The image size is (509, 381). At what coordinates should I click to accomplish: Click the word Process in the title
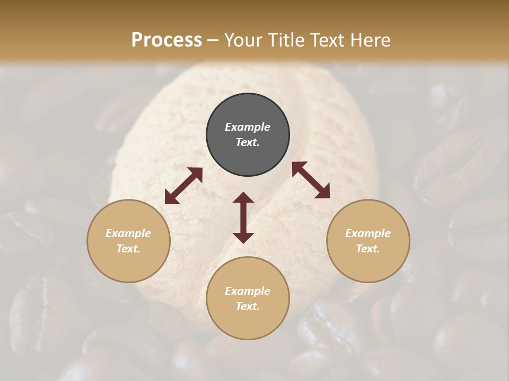(166, 40)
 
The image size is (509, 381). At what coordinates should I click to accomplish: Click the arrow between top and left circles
(183, 186)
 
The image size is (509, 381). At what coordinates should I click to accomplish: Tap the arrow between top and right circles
(311, 180)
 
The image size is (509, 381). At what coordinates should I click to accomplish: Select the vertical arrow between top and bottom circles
(243, 217)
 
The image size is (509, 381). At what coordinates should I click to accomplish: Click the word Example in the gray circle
(248, 127)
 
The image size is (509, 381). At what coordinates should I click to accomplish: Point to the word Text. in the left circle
(128, 249)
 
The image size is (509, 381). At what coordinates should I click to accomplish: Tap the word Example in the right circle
(368, 233)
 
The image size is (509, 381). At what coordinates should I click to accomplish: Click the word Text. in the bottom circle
(248, 306)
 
